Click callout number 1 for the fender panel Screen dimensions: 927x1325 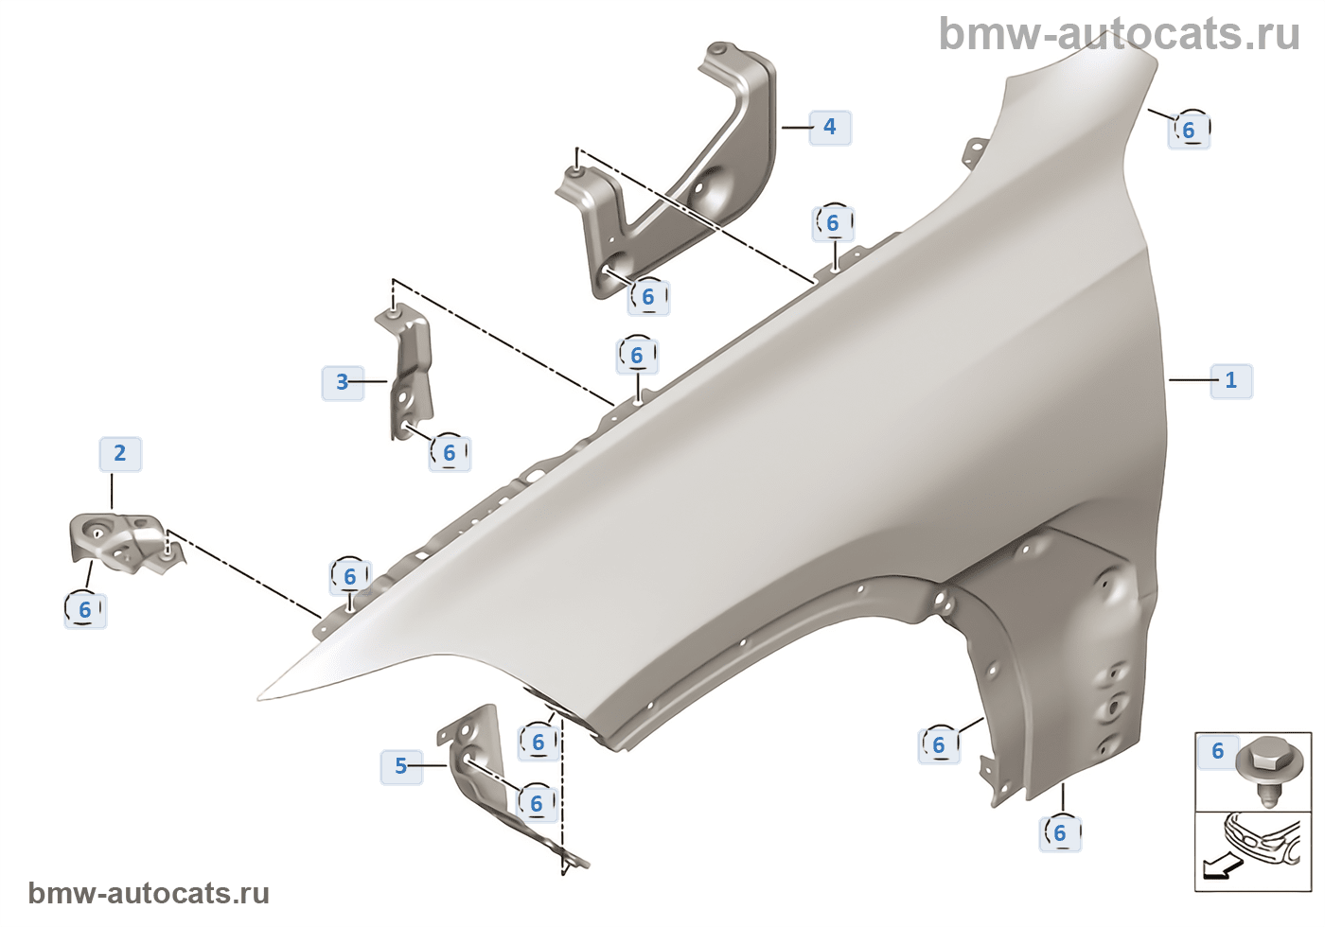click(1230, 380)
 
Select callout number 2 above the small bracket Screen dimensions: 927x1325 click(120, 453)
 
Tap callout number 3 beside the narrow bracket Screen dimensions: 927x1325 click(342, 382)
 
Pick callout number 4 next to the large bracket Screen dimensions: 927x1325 click(830, 126)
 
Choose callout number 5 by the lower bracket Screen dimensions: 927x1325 click(400, 765)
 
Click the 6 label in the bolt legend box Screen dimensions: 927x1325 click(1218, 751)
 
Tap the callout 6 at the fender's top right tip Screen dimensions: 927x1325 click(1189, 130)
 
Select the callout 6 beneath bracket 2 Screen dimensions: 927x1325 click(85, 610)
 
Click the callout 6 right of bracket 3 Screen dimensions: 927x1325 click(450, 453)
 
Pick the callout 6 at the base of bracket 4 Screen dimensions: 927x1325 click(648, 297)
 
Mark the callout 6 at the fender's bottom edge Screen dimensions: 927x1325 click(1060, 833)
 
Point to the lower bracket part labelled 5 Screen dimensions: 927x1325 click(473, 757)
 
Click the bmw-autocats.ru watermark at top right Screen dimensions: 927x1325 click(1119, 35)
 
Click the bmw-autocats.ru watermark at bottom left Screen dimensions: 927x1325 click(149, 893)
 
